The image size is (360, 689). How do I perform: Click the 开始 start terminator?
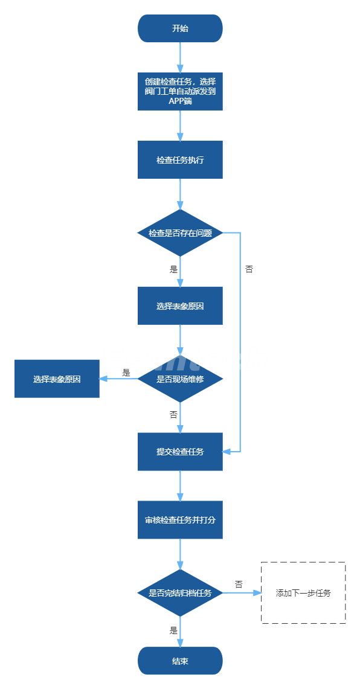(x=180, y=28)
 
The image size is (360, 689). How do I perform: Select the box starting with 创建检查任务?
(x=180, y=91)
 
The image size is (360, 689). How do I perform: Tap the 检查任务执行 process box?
(x=180, y=160)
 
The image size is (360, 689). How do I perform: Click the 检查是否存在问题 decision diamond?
(x=180, y=233)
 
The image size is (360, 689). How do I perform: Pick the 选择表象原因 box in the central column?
(x=180, y=306)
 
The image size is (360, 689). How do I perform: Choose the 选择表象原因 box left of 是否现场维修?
(x=57, y=379)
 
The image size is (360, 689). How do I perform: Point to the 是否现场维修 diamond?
(x=180, y=379)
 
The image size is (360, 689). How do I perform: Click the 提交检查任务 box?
(x=180, y=452)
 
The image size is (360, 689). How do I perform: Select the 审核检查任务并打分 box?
(x=180, y=520)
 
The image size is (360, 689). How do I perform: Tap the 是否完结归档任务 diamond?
(x=180, y=593)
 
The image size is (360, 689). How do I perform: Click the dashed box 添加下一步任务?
(x=303, y=593)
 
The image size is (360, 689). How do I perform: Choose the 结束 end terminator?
(x=180, y=661)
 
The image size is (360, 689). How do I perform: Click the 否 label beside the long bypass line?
(x=249, y=269)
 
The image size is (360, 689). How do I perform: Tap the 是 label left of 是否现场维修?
(x=127, y=373)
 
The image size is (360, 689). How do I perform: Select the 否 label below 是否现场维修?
(x=173, y=415)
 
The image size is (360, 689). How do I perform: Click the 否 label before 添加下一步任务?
(x=239, y=585)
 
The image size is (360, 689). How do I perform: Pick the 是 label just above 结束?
(x=173, y=631)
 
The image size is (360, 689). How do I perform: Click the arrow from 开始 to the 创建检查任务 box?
(x=180, y=57)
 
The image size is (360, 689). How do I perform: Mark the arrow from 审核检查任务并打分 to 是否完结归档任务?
(x=180, y=554)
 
